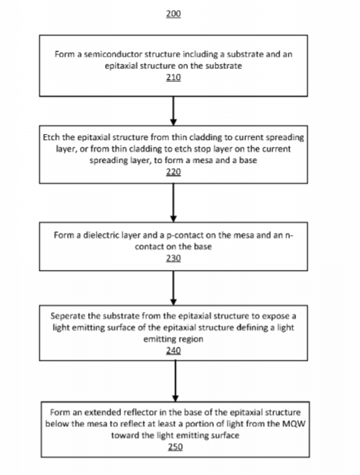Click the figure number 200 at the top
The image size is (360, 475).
[174, 14]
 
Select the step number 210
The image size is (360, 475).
[174, 77]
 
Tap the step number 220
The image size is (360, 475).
[174, 172]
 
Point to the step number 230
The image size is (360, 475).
[174, 258]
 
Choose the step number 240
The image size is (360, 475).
[174, 350]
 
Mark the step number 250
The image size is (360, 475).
[175, 447]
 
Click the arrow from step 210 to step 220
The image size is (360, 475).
[174, 111]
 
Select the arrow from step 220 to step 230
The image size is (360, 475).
[174, 202]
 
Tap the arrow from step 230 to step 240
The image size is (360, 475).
[174, 288]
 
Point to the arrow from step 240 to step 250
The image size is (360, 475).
[175, 381]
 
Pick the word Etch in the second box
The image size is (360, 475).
[51, 138]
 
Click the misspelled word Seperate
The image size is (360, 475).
[68, 316]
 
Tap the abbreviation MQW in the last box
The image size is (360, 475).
[294, 424]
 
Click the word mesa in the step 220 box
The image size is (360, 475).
[203, 161]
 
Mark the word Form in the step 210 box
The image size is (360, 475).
[62, 54]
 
